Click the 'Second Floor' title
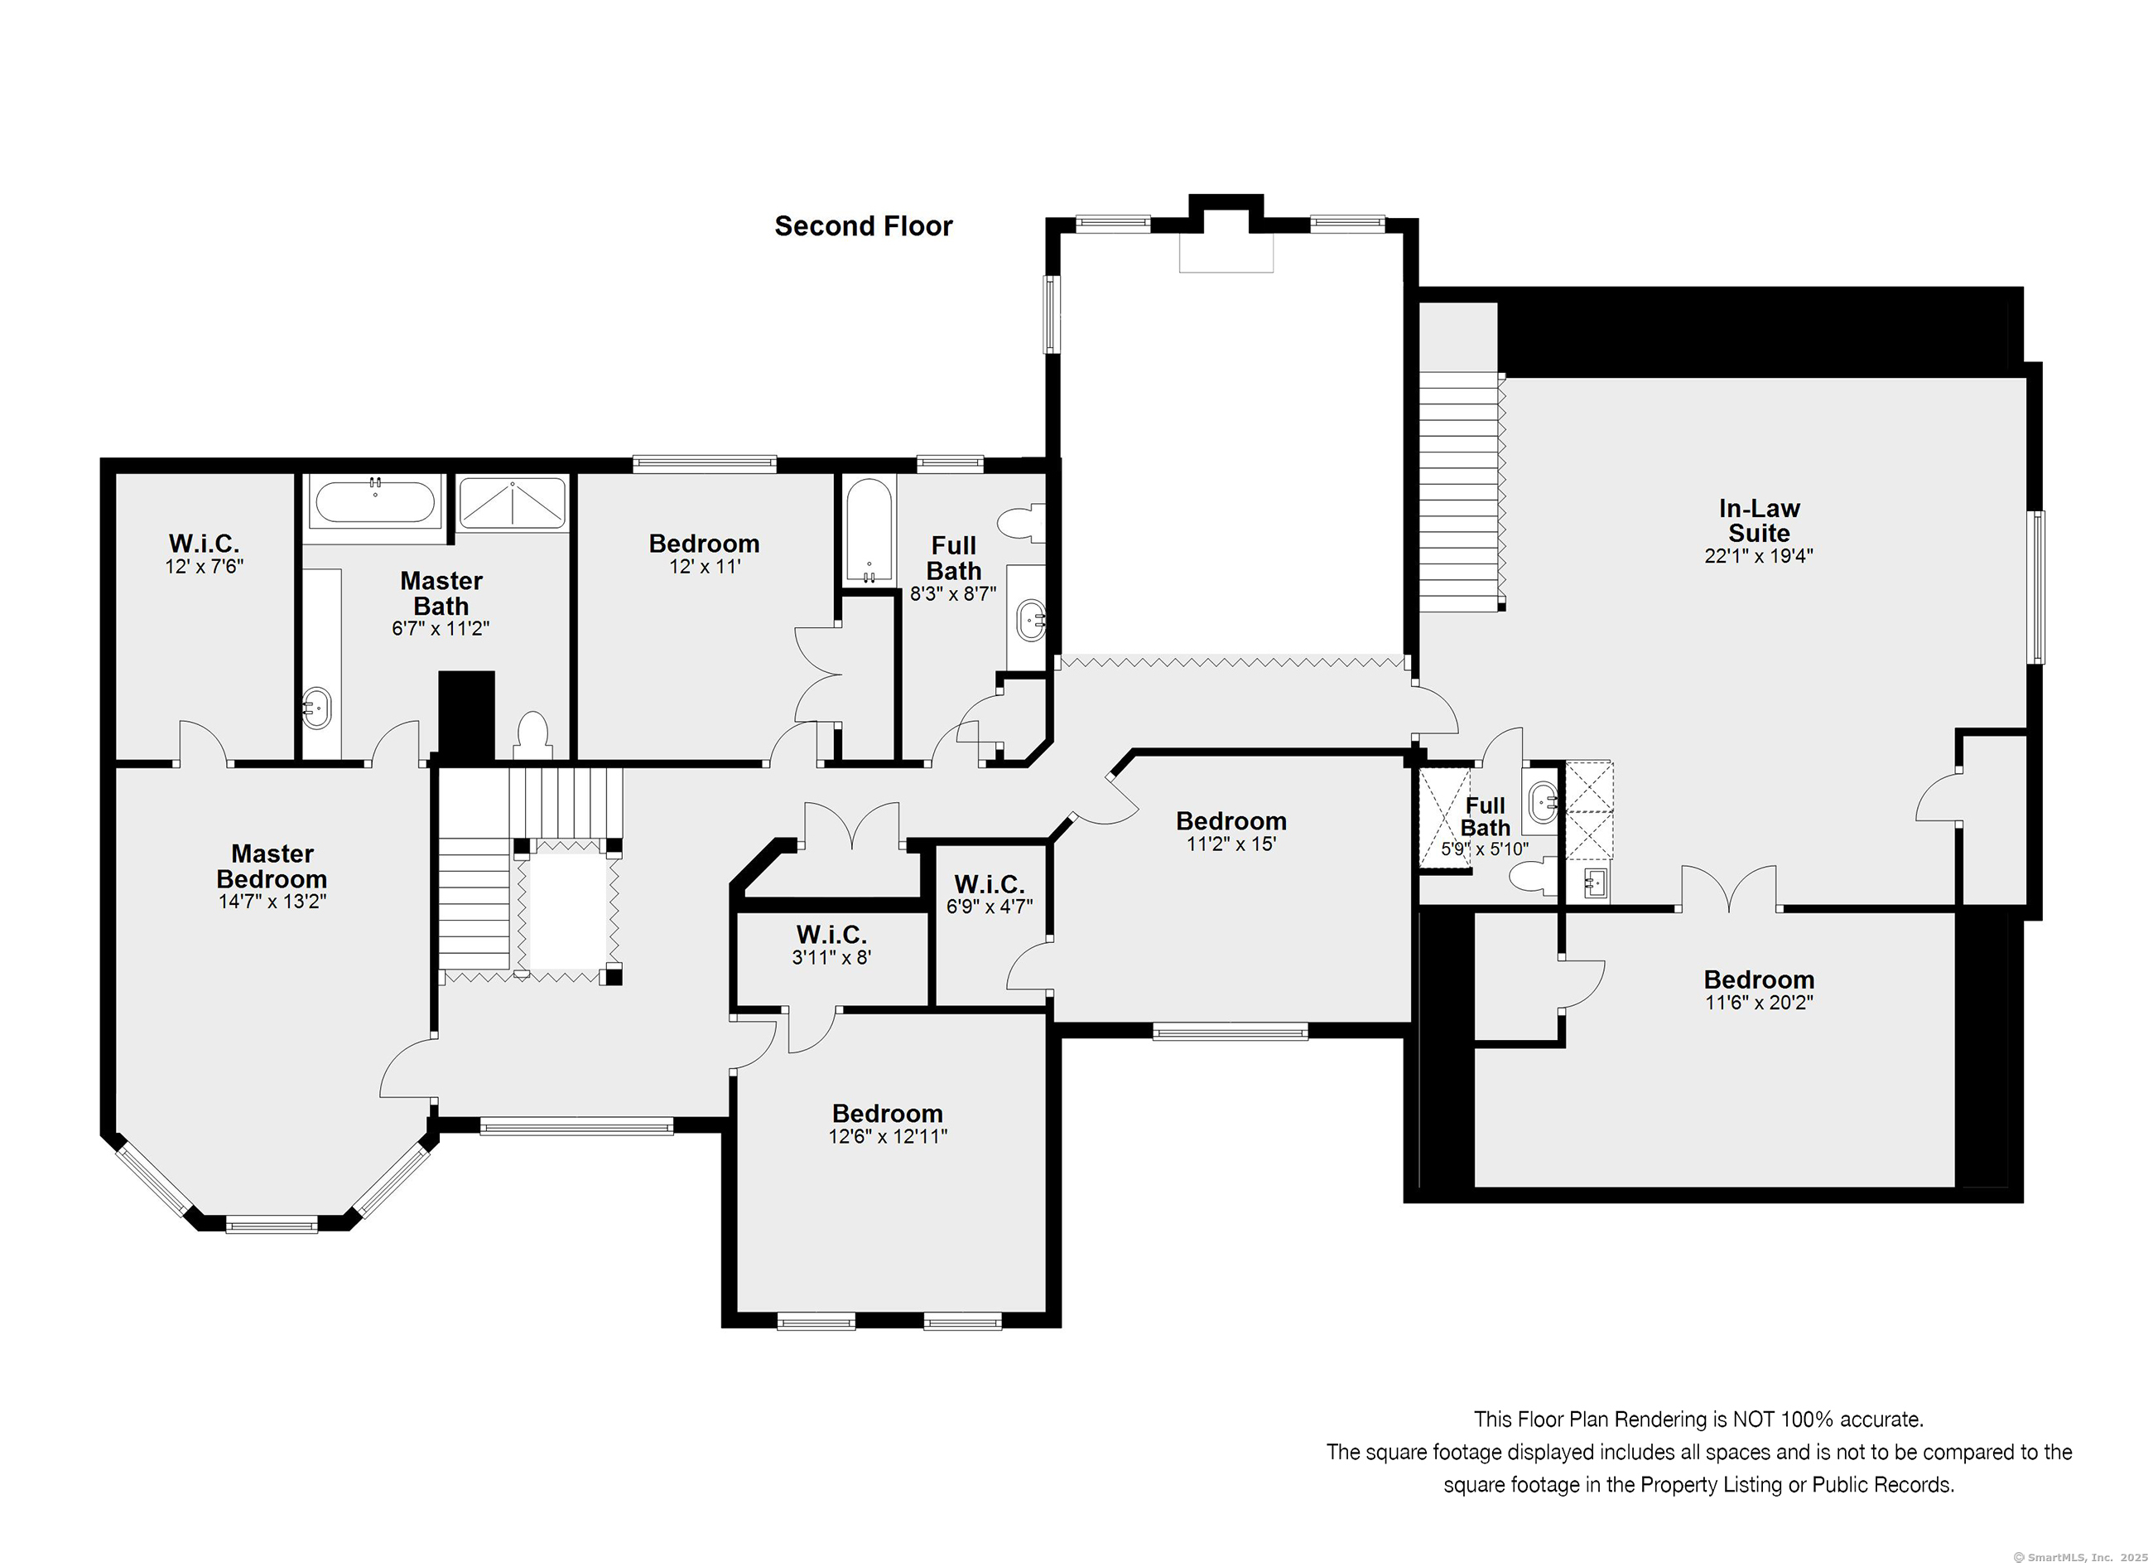pos(863,226)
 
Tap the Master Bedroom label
pos(272,866)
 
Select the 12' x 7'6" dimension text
pos(204,567)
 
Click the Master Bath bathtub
pos(375,501)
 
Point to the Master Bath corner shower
pos(513,503)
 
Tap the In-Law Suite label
pos(1759,520)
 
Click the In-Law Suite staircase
pos(1462,492)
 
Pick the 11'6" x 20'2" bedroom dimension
pos(1759,1002)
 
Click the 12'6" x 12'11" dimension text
pos(888,1136)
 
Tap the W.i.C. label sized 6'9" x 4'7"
pos(990,884)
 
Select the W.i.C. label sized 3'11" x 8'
pos(831,935)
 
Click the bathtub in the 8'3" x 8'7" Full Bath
pos(869,531)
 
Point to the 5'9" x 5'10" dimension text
pos(1485,849)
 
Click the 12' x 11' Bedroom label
pos(705,544)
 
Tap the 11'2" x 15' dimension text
pos(1231,844)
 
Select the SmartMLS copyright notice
pos(2081,1558)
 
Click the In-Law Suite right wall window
pos(2037,586)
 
